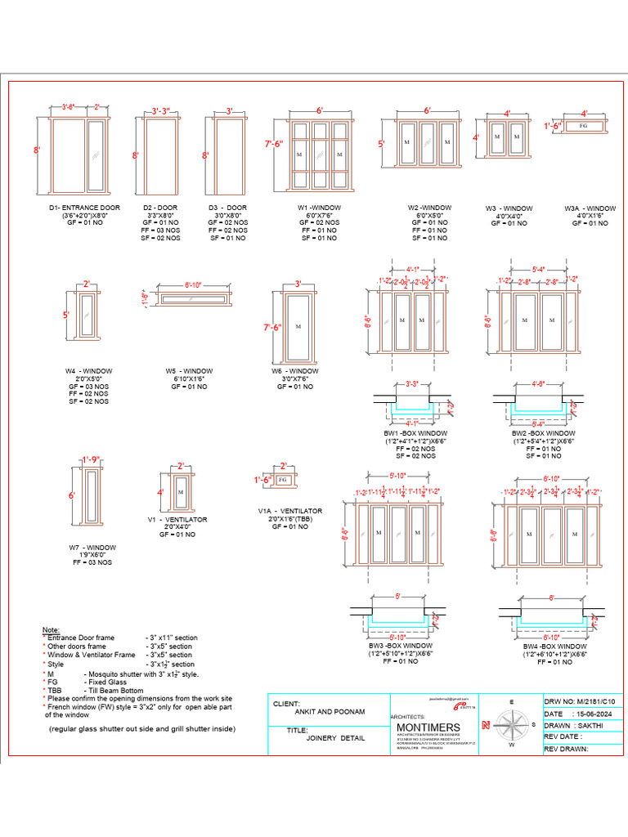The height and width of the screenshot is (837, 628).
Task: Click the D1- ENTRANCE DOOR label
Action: (84, 208)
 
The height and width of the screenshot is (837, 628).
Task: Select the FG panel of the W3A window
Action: (583, 126)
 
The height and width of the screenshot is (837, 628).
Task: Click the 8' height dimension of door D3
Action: (206, 154)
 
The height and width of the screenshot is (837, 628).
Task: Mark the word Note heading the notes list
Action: (50, 629)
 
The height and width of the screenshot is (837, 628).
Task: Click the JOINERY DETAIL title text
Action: (335, 736)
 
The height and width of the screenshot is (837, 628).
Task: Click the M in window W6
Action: (298, 327)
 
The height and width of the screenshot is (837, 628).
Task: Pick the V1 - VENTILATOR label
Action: (177, 520)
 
